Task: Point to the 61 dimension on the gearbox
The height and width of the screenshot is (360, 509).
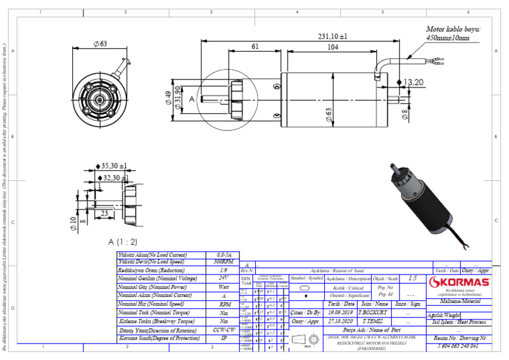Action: pyautogui.click(x=256, y=48)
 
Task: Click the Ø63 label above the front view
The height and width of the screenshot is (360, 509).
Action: pyautogui.click(x=100, y=44)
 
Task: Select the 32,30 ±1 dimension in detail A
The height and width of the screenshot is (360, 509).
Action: pyautogui.click(x=115, y=178)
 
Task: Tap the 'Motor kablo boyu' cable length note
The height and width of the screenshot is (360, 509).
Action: pyautogui.click(x=448, y=34)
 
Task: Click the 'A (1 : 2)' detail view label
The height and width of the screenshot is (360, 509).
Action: pyautogui.click(x=123, y=241)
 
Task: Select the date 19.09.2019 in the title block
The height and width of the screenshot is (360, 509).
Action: pyautogui.click(x=341, y=312)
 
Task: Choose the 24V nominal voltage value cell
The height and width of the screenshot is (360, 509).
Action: pyautogui.click(x=223, y=278)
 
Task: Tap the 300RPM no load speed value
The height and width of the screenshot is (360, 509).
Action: pyautogui.click(x=223, y=262)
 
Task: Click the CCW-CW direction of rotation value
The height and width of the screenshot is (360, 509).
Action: pyautogui.click(x=223, y=329)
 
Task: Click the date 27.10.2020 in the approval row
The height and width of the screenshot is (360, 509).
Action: pyautogui.click(x=341, y=320)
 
